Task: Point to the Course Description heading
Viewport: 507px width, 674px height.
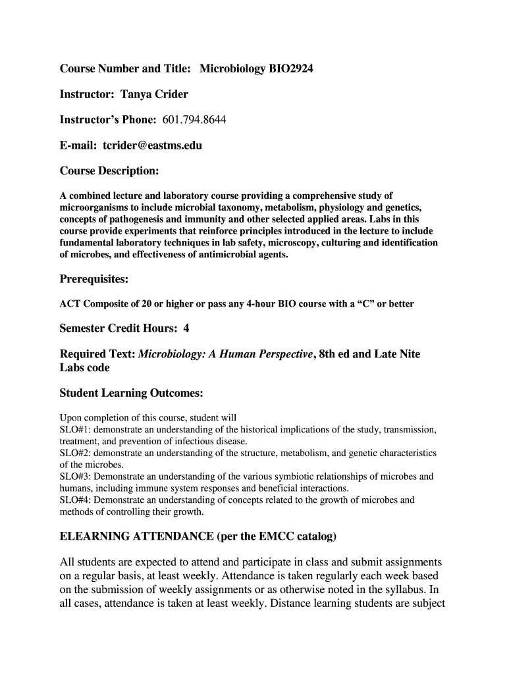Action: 109,171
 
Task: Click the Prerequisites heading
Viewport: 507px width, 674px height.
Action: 93,279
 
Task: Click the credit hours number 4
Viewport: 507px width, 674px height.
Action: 186,328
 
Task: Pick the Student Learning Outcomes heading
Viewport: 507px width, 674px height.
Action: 131,393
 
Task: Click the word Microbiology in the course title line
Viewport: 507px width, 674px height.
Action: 230,68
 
